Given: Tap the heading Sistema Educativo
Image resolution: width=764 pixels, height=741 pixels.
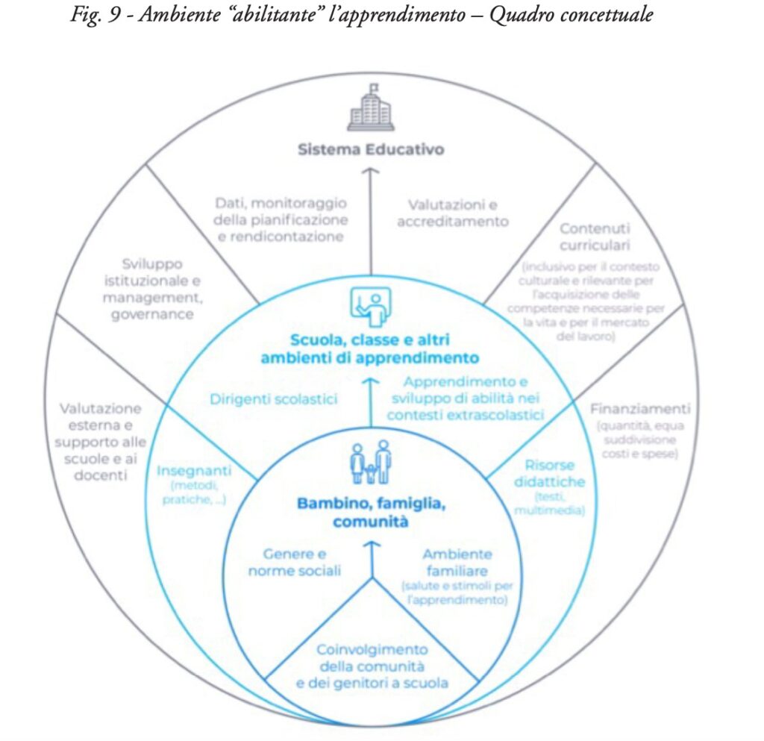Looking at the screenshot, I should click(x=371, y=150).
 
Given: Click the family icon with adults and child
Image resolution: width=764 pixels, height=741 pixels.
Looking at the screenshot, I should click(x=371, y=462).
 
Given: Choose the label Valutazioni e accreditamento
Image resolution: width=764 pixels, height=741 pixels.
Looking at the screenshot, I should click(x=453, y=213).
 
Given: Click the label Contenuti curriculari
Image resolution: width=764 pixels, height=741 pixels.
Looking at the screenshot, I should click(x=595, y=237).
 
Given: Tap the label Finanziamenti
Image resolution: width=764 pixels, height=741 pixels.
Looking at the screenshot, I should click(x=640, y=409).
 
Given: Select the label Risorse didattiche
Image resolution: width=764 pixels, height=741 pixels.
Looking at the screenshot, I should click(x=549, y=472).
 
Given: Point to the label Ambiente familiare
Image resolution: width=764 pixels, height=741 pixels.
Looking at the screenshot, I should click(x=457, y=563).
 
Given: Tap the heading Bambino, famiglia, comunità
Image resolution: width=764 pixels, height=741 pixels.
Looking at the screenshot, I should click(x=371, y=513).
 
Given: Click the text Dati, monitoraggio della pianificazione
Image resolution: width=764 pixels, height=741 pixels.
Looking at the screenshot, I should click(x=281, y=219).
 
